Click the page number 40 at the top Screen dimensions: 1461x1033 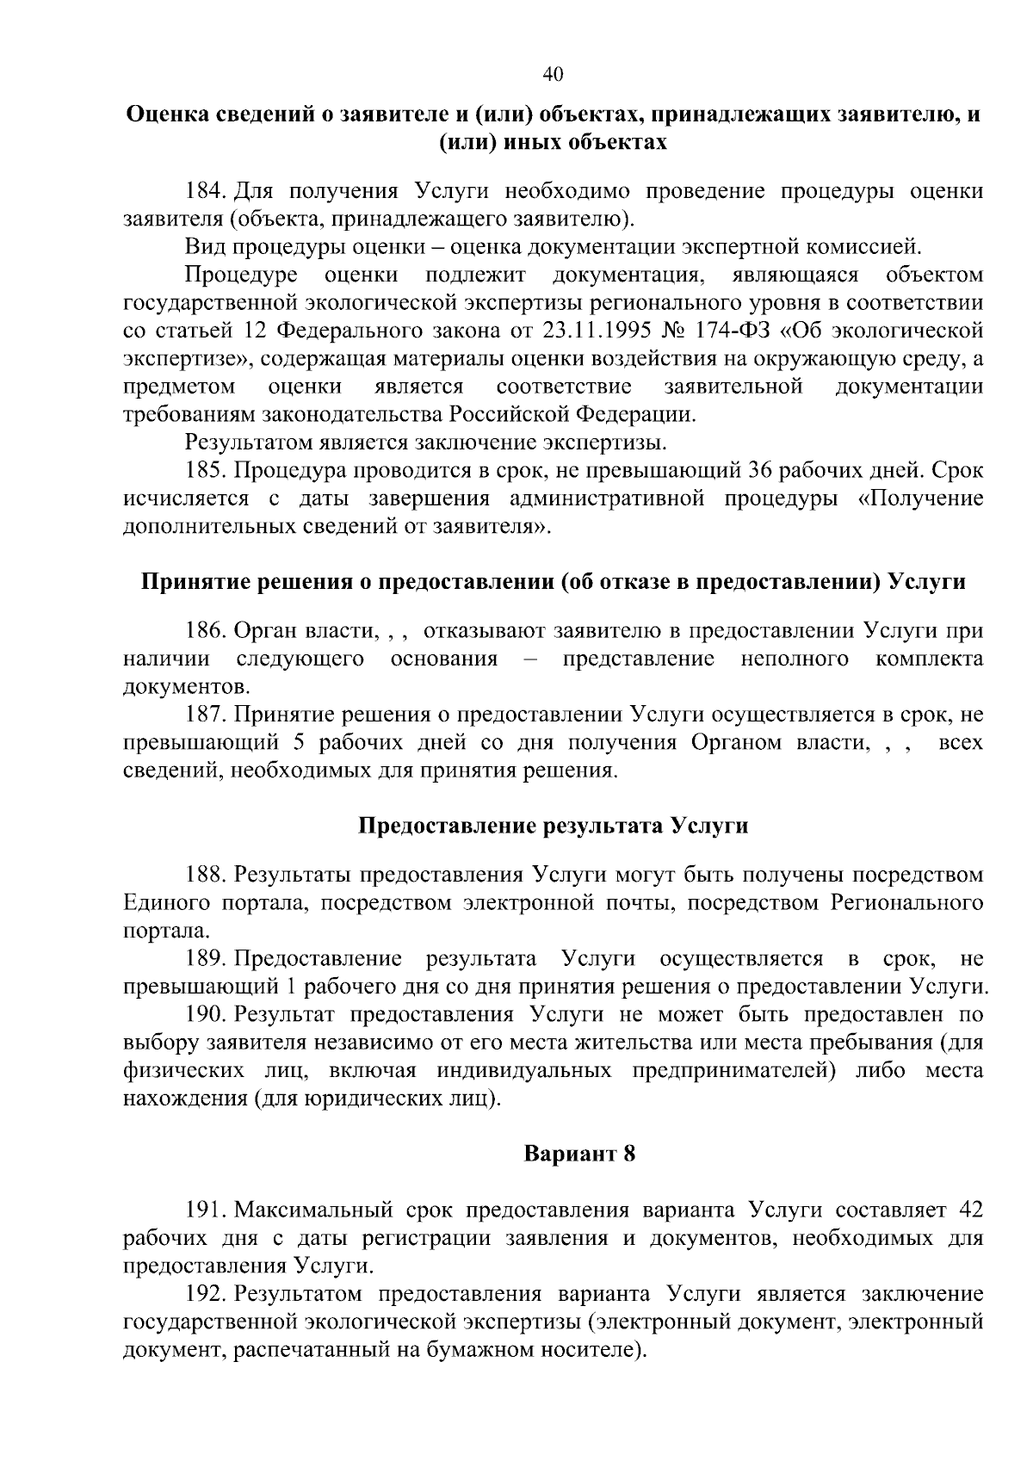[x=553, y=75]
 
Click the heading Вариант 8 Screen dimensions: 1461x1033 [x=579, y=1154]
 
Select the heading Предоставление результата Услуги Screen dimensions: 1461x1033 [x=553, y=826]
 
